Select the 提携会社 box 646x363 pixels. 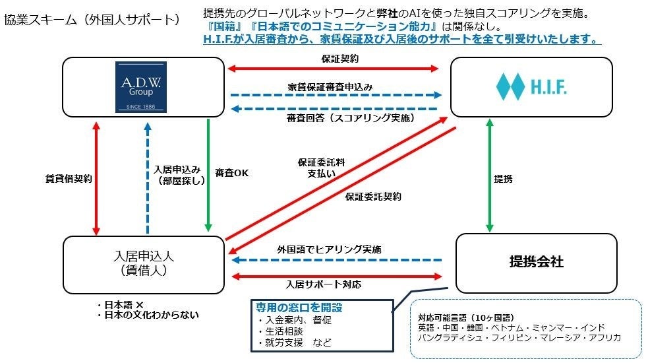point(536,262)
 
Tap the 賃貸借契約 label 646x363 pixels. point(69,178)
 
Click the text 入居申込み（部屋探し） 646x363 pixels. point(173,174)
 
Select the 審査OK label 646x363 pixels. point(231,173)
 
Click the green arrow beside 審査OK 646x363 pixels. point(208,175)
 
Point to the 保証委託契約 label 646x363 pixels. point(373,196)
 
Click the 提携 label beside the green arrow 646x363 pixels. point(504,178)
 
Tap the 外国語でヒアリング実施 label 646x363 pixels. point(329,249)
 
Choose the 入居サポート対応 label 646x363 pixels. point(324,284)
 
